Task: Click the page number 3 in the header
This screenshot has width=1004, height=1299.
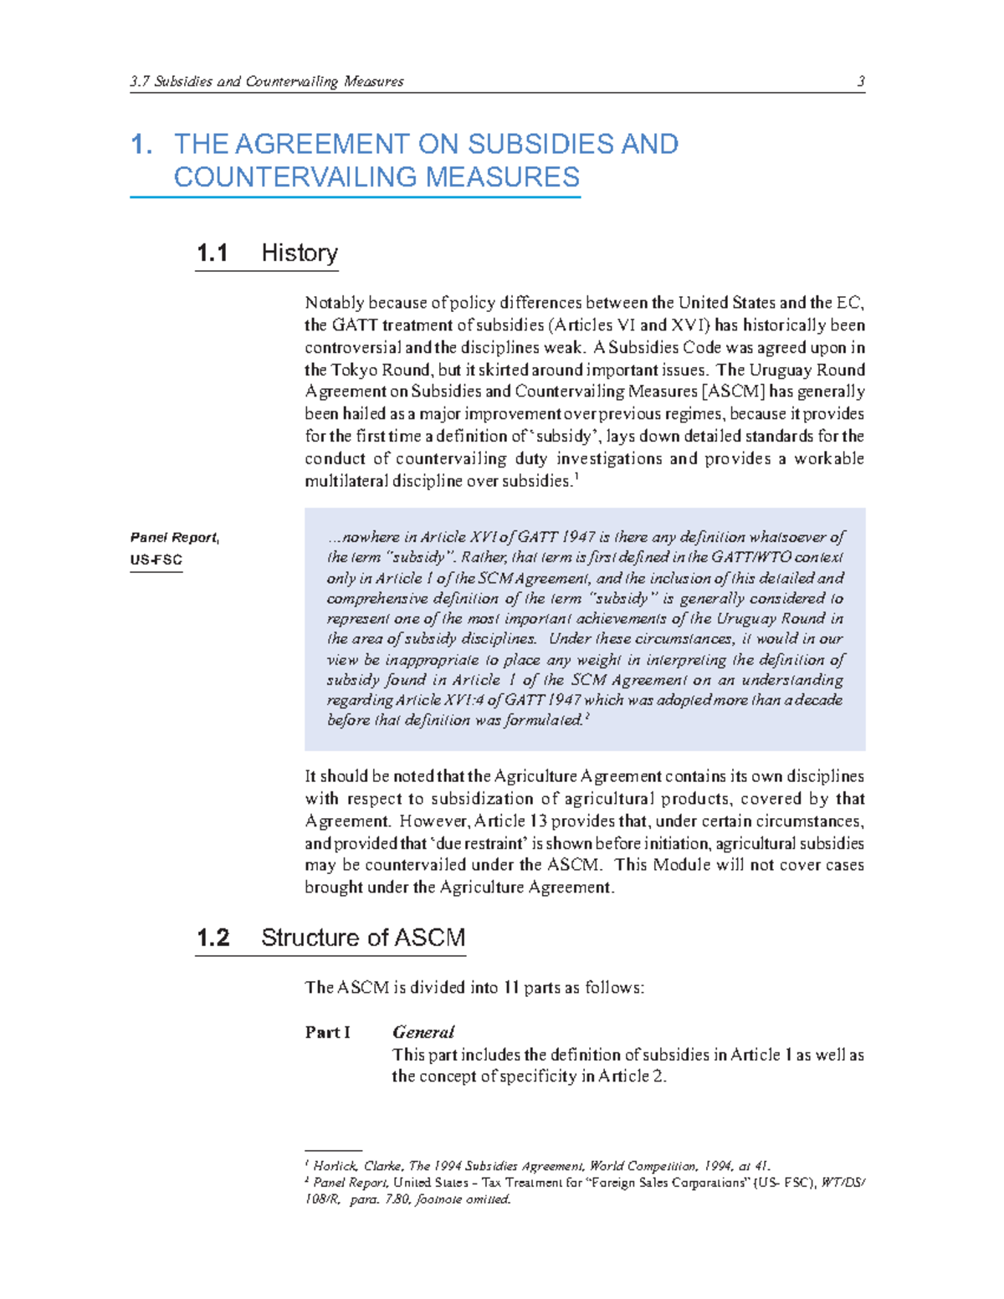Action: tap(860, 81)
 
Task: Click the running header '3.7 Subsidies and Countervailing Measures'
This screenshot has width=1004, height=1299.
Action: tap(267, 81)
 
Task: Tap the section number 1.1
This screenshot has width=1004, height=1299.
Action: tap(213, 253)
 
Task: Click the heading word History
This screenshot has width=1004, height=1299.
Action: tap(300, 253)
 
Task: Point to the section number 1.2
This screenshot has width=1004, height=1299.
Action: tap(213, 938)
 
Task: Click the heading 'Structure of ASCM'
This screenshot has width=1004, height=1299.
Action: tap(363, 938)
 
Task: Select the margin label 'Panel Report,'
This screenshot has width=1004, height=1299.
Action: tap(175, 538)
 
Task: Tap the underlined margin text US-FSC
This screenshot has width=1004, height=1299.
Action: tap(156, 560)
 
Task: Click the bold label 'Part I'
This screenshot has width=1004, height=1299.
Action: tap(327, 1032)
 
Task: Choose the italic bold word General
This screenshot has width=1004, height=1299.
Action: tap(423, 1032)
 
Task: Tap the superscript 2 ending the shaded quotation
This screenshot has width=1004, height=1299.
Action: tap(587, 716)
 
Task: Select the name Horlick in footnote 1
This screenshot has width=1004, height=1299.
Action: tap(336, 1166)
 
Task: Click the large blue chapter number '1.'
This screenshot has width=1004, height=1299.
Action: tap(141, 145)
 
